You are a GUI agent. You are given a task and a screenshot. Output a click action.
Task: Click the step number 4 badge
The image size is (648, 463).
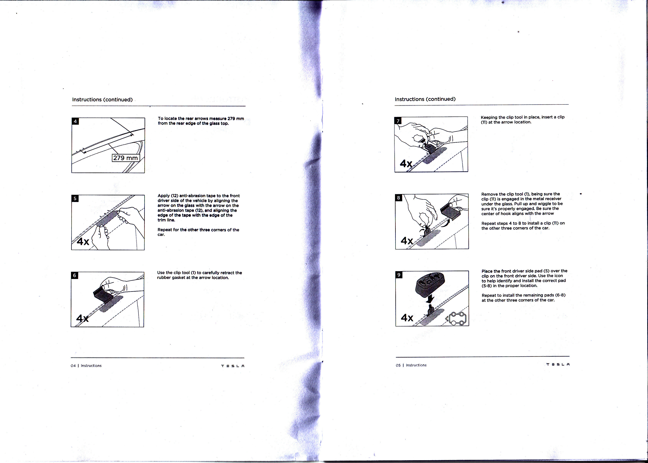click(x=75, y=121)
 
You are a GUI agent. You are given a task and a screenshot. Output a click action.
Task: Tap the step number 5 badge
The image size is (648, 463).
click(x=75, y=198)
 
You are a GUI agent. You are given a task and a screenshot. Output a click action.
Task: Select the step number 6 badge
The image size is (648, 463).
click(x=75, y=275)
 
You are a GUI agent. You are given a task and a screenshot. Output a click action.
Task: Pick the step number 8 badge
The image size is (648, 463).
click(x=399, y=198)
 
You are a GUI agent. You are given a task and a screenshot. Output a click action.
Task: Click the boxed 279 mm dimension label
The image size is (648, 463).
click(x=126, y=158)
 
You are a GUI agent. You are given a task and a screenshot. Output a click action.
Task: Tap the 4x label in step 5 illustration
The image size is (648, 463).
click(x=83, y=242)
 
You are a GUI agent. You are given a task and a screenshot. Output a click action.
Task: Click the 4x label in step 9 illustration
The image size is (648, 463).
click(x=407, y=318)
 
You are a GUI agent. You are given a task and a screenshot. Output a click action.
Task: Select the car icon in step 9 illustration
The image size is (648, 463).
click(x=457, y=319)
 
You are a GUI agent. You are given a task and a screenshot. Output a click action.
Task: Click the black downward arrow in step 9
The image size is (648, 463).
click(x=430, y=298)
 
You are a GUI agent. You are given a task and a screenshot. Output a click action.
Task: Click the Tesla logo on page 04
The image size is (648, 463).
click(x=233, y=366)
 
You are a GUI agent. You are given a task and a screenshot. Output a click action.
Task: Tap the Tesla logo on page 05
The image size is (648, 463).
click(x=558, y=364)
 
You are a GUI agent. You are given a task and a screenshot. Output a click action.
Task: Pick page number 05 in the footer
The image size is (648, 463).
click(x=398, y=365)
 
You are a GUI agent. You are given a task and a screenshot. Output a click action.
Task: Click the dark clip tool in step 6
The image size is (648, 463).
click(x=103, y=295)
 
